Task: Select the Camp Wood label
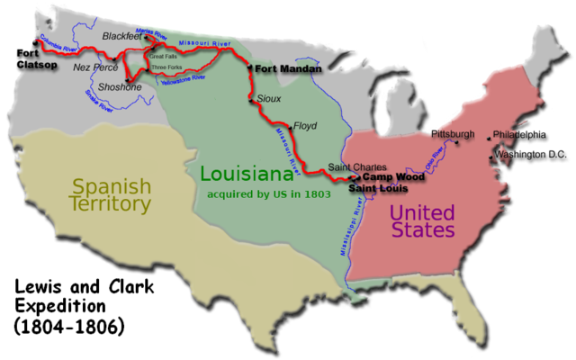click(394, 178)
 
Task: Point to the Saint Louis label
click(375, 191)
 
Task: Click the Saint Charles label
click(357, 167)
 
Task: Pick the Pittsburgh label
click(453, 134)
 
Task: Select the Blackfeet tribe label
click(121, 36)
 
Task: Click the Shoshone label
click(121, 87)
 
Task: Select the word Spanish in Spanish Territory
click(111, 186)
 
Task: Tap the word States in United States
click(422, 231)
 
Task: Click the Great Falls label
click(163, 56)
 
